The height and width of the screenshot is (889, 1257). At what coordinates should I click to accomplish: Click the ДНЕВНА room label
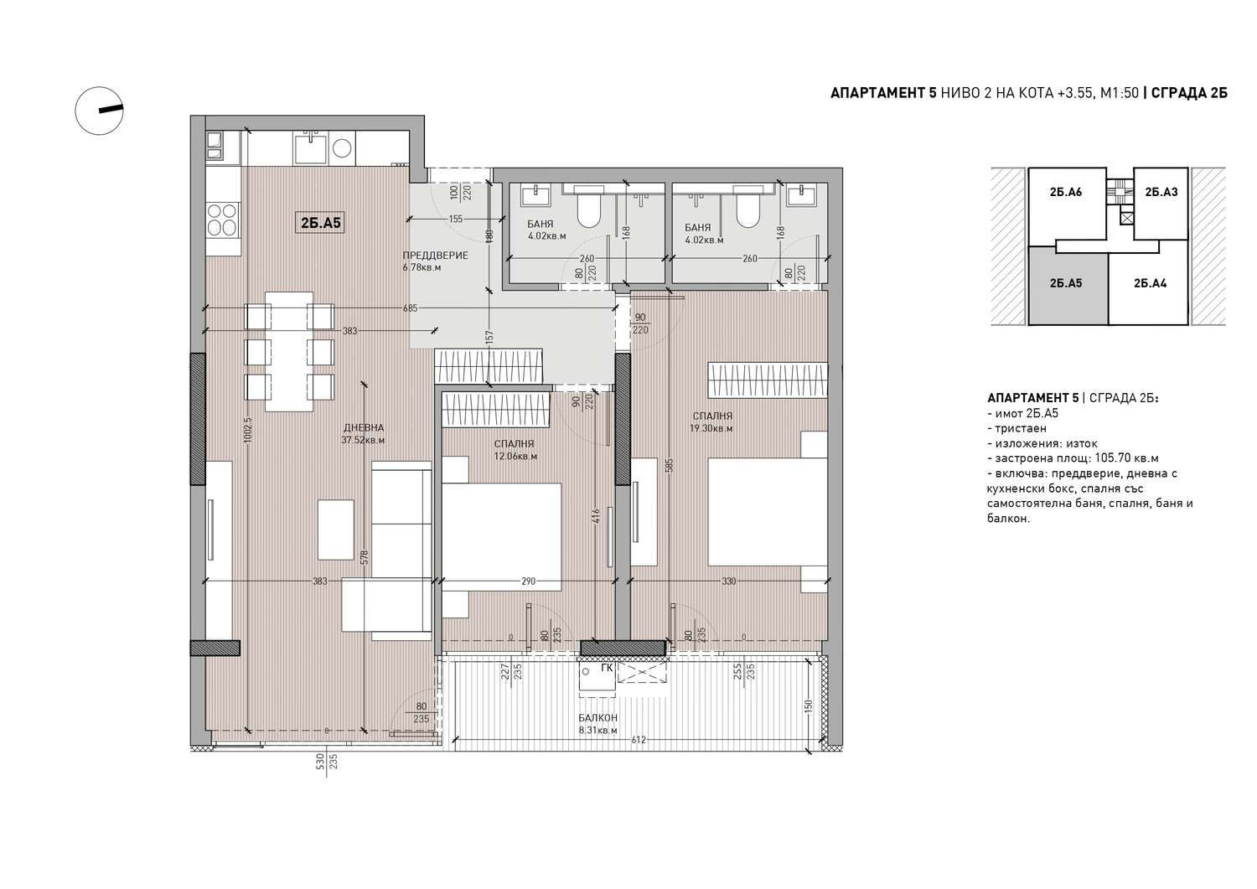coord(364,427)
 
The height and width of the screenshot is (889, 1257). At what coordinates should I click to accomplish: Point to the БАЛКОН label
coord(597,718)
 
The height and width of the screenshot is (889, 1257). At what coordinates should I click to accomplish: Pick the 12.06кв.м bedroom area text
coord(515,457)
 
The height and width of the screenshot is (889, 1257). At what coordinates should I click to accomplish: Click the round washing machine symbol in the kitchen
coord(342,148)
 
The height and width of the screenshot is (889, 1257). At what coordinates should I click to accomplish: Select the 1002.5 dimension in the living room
coord(249,430)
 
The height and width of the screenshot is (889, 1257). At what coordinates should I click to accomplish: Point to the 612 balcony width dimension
coord(639,740)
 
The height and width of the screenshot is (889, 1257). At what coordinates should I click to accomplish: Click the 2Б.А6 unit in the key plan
coord(1066,192)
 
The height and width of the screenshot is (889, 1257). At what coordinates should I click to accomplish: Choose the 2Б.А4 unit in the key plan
coord(1150,283)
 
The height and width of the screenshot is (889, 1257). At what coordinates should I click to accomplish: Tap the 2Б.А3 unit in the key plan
coord(1161,192)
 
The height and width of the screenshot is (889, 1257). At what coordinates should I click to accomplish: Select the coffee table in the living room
coord(335,530)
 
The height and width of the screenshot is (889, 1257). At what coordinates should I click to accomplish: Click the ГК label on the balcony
coord(607,667)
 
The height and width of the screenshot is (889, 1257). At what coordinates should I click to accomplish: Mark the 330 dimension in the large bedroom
coord(728,581)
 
